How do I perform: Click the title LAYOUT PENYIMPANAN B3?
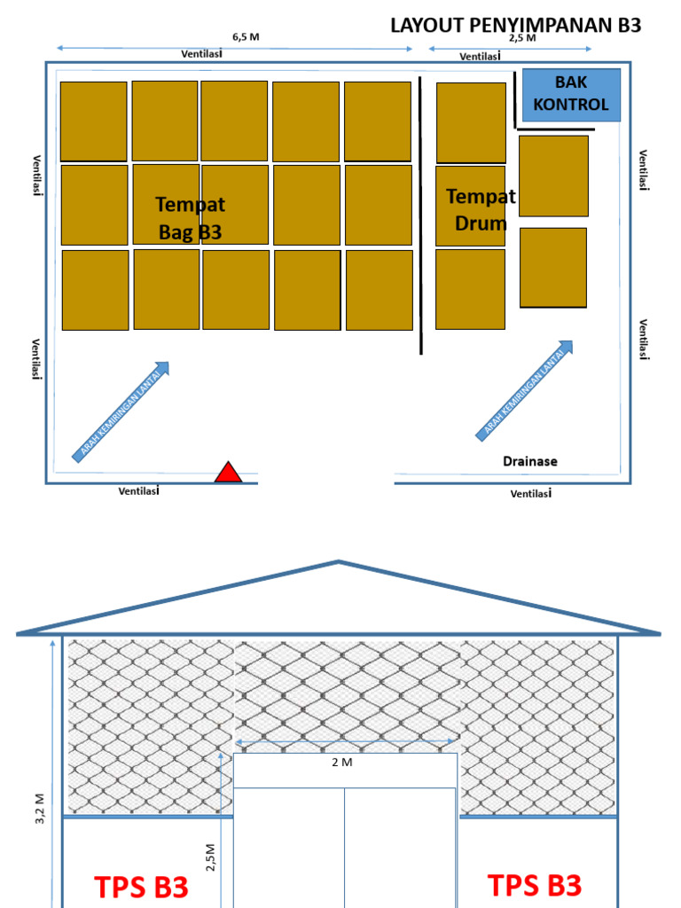(x=515, y=25)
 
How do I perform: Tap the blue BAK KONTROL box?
(x=571, y=94)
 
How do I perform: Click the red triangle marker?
(x=228, y=473)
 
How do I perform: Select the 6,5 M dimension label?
(x=247, y=36)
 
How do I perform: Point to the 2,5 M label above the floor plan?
(x=522, y=37)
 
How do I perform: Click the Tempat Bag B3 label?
(x=190, y=218)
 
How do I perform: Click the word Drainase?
(x=530, y=461)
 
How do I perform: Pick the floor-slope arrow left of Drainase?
(x=526, y=390)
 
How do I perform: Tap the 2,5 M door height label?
(x=212, y=858)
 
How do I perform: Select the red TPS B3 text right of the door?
(x=535, y=885)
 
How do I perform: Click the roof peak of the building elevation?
(x=339, y=562)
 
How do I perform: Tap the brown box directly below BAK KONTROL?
(x=553, y=176)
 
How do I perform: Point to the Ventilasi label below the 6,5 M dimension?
(x=201, y=53)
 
